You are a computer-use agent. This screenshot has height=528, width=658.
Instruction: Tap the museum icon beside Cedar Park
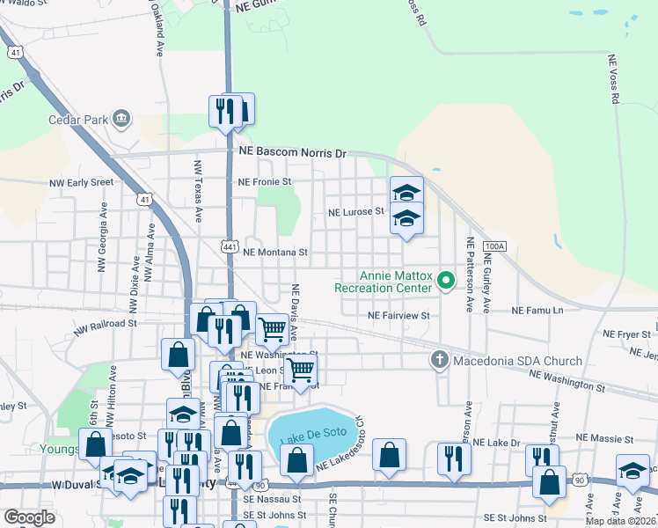point(121,118)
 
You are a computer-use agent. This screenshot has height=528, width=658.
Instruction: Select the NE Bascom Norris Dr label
point(294,152)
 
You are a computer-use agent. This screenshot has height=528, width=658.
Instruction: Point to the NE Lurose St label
point(356,212)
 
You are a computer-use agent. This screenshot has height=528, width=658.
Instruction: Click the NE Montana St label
point(274,252)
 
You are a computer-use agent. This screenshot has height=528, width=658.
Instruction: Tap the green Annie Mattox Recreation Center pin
point(446,281)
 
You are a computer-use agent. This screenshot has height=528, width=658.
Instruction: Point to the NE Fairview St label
point(398,315)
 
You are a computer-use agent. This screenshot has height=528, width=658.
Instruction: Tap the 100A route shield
point(496,247)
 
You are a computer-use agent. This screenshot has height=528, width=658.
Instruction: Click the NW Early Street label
point(82,182)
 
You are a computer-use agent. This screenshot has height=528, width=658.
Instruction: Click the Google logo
point(29,517)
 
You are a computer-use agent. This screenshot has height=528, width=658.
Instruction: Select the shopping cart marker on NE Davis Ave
point(272,330)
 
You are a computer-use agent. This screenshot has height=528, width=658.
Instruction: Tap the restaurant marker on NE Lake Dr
point(454,458)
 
